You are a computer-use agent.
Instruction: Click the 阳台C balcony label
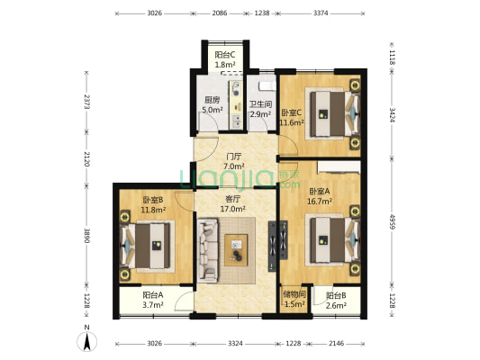225,55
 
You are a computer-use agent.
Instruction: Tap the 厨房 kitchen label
213,100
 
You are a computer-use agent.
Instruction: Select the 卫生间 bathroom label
260,104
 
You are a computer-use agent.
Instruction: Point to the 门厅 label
233,157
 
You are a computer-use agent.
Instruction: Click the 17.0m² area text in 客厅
232,209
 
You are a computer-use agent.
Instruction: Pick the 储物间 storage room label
294,294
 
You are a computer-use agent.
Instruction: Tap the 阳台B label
336,295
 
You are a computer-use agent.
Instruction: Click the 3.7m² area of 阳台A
153,305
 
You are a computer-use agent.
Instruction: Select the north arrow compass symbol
87,341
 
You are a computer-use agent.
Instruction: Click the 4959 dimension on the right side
393,222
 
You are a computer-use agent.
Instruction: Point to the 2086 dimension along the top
220,13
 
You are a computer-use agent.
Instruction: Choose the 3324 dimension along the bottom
235,344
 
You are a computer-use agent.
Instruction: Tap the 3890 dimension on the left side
87,236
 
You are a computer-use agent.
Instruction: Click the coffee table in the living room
236,250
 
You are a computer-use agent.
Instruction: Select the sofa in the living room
208,250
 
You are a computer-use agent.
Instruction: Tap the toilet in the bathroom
267,85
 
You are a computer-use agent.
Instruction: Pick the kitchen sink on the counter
236,121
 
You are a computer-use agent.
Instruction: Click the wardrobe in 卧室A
339,167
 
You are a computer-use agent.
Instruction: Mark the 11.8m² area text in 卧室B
153,210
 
